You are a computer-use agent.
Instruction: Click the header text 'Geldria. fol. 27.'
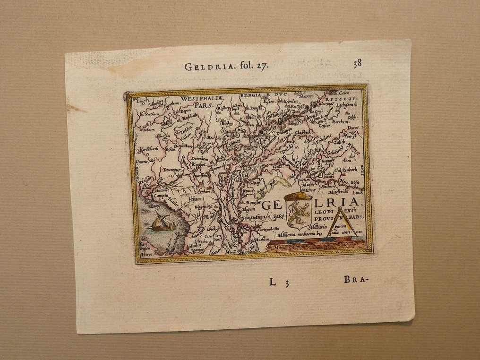tap(226, 66)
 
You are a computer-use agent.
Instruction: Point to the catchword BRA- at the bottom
tap(355, 279)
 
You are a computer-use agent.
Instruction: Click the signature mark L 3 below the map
tap(279, 283)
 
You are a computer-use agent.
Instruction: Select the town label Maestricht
tap(338, 192)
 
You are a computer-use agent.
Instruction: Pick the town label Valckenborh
tap(347, 170)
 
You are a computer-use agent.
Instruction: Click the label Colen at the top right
tap(343, 94)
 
